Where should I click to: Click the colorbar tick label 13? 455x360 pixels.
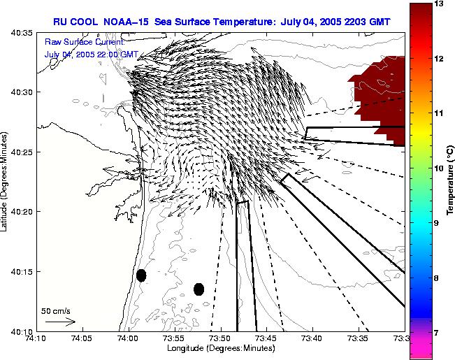tap(440, 4)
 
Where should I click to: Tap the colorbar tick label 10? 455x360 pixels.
tap(440, 168)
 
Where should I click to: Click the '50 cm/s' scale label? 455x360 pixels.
tap(56, 310)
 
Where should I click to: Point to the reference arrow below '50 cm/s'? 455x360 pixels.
tap(60, 322)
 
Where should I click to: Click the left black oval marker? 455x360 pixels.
tap(141, 275)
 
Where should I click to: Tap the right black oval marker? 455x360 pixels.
tap(198, 289)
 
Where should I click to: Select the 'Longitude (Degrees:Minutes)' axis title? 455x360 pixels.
tap(219, 349)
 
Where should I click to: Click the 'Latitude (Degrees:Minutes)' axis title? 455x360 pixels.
tap(6, 181)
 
